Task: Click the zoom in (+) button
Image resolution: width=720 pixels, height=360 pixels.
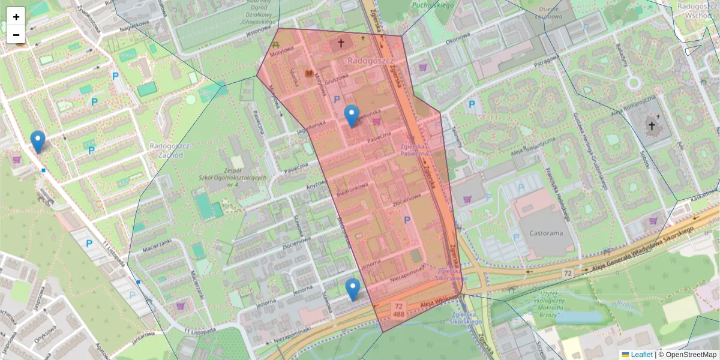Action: point(16,17)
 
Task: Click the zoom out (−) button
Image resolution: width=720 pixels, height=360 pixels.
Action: point(16,35)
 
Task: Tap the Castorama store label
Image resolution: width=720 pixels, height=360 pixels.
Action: point(541,233)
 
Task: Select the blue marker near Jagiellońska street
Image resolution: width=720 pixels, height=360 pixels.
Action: point(352,116)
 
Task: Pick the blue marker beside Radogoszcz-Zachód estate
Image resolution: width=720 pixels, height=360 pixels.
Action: point(38,142)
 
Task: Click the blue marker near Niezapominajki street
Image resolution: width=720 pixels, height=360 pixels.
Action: point(353,289)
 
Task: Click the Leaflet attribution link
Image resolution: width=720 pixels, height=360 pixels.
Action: point(641,355)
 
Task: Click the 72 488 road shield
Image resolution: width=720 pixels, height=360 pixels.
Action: point(398,310)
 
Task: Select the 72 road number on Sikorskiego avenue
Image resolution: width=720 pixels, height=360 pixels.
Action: point(567,274)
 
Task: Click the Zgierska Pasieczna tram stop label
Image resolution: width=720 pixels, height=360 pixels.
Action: point(416,150)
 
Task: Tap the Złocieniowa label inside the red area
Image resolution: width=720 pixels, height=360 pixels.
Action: point(407,199)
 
